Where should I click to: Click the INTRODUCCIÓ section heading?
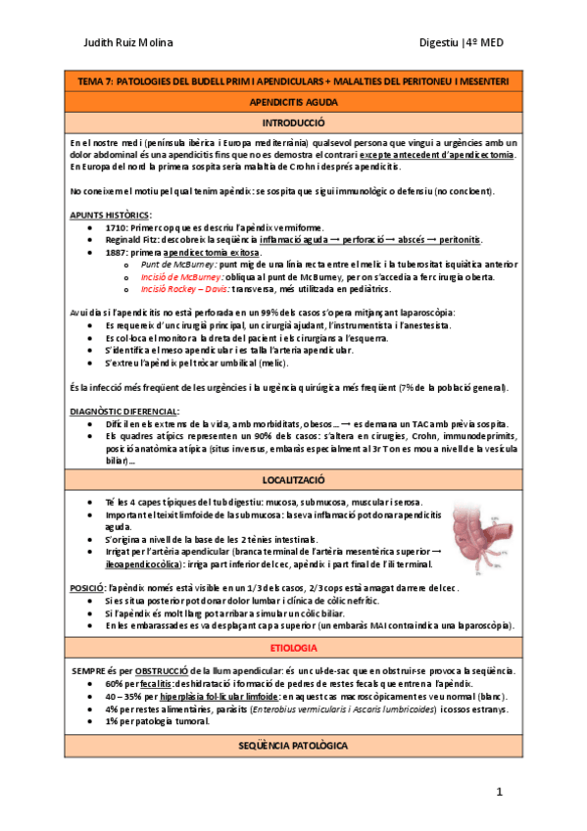[294, 124]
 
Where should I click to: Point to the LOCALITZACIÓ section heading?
[294, 481]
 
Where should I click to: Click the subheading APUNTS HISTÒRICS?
[111, 214]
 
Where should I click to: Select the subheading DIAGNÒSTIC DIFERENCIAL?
[124, 412]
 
